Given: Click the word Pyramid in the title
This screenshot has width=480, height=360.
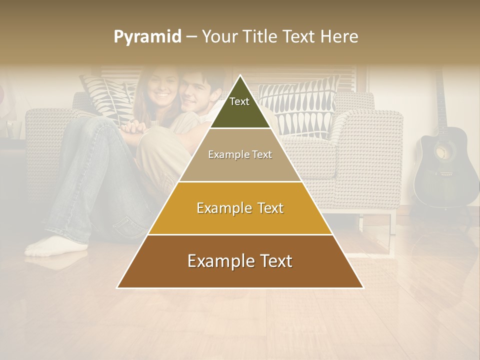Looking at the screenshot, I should point(147,37).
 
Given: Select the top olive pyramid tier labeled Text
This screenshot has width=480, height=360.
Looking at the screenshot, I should point(240,106).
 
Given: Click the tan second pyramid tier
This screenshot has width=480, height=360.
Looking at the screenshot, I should point(240,155).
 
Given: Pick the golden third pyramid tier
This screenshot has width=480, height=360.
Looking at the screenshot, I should point(240,208).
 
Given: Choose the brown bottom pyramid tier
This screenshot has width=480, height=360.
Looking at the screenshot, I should point(240,261).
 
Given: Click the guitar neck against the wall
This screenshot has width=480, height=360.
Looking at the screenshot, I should point(440,100).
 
